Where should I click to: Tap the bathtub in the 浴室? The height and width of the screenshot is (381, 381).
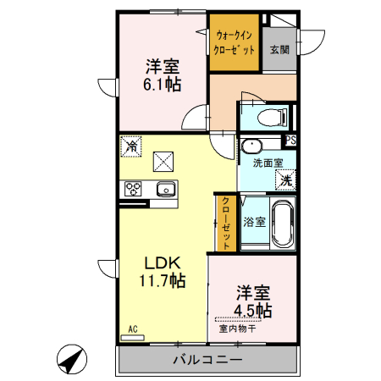283,223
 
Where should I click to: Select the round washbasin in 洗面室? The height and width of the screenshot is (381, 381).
251,146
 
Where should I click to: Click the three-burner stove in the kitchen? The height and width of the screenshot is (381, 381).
133,189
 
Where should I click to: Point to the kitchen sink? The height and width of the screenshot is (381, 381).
166,189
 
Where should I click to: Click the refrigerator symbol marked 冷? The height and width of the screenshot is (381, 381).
131,146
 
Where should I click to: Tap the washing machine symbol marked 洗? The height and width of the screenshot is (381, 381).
285,180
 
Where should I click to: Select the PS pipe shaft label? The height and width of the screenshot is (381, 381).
290,141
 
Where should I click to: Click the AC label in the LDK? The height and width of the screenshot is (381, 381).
133,329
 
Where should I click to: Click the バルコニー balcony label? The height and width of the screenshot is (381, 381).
208,360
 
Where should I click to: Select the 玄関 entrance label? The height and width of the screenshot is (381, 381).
279,50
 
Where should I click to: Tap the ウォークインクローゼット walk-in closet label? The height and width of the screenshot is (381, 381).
234,43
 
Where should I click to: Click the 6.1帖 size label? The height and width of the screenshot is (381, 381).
162,85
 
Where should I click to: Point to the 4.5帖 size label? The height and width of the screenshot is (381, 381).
253,311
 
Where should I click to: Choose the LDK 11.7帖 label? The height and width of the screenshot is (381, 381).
163,272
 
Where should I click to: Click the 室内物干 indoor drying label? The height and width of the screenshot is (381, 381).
238,329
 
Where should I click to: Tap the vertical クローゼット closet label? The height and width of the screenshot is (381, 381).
226,223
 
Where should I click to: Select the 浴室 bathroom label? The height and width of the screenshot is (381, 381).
255,222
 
